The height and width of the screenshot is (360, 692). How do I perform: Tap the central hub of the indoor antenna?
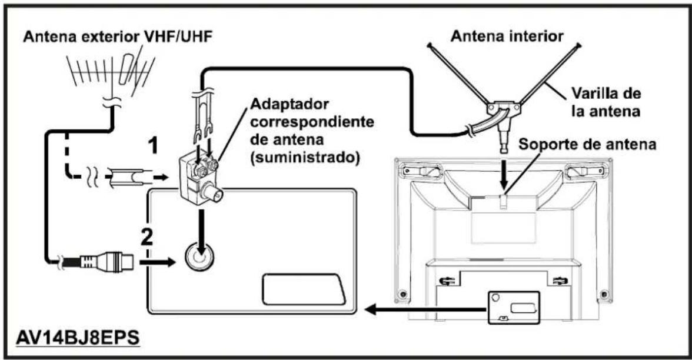pyautogui.click(x=503, y=108)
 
